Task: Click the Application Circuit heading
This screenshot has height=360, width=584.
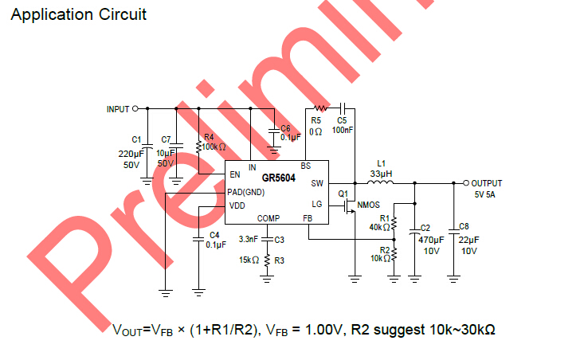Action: tap(77, 14)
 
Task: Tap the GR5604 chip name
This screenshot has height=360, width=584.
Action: tap(278, 177)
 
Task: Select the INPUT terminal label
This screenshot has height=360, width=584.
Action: tap(117, 109)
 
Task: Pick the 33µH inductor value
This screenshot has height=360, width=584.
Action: tap(382, 173)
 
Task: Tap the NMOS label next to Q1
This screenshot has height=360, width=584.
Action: tap(369, 205)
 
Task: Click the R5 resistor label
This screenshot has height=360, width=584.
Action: tap(316, 120)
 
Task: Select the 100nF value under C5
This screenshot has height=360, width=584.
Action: tap(343, 129)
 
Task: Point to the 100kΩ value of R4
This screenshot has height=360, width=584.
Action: tap(214, 147)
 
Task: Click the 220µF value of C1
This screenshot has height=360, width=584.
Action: tap(131, 153)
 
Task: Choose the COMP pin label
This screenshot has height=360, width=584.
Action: tap(268, 218)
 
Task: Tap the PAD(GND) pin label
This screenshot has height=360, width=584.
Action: tap(246, 192)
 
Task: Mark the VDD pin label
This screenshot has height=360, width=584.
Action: tap(237, 205)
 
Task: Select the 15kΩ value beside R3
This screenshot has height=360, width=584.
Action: tap(249, 260)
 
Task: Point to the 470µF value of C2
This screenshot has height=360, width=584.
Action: tap(430, 240)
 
